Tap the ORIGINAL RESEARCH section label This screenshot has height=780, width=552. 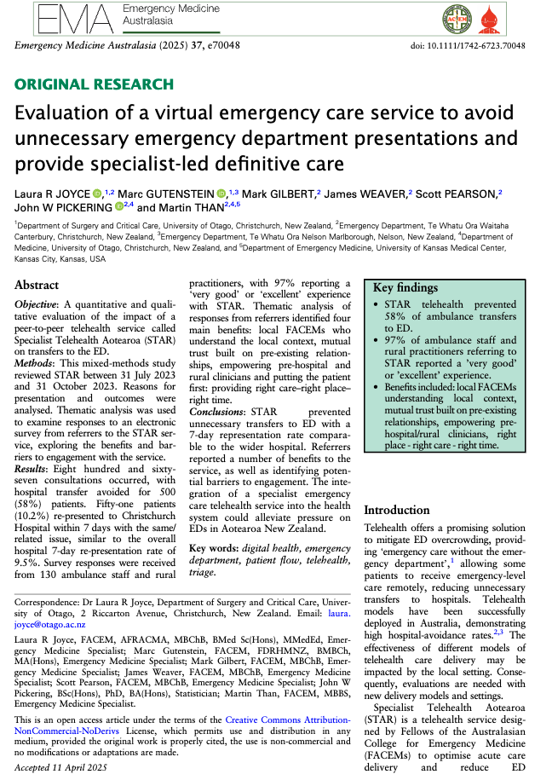point(94,84)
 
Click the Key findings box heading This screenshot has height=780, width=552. point(407,288)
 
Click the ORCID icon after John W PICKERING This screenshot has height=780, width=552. point(118,206)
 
